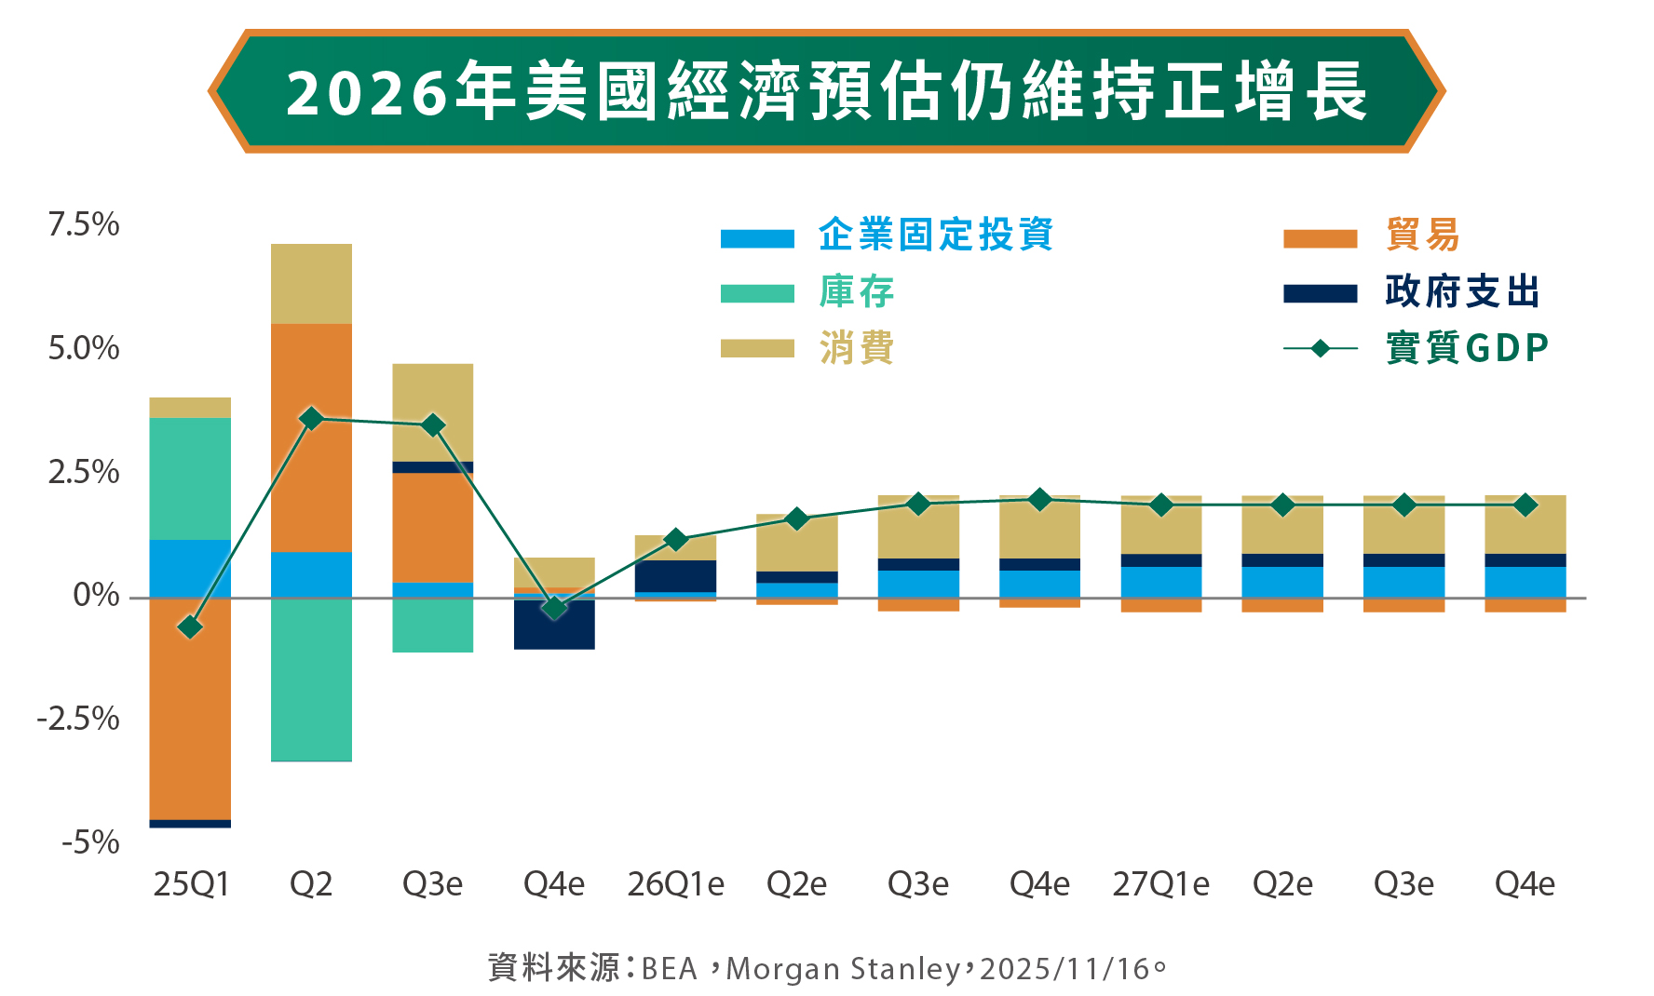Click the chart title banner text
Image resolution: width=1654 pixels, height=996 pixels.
click(826, 92)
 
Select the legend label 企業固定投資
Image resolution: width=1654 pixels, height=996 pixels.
click(936, 235)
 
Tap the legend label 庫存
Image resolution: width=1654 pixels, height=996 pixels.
click(857, 292)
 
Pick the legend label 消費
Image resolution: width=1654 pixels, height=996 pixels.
click(857, 349)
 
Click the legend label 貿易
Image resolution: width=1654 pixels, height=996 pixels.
click(1422, 235)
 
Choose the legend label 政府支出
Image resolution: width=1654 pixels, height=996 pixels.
click(1462, 292)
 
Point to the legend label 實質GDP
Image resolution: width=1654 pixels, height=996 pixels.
click(1467, 349)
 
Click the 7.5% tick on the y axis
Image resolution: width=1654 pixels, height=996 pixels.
click(84, 224)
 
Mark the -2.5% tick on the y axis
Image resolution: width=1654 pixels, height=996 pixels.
click(78, 719)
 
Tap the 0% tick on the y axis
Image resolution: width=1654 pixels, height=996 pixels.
click(97, 595)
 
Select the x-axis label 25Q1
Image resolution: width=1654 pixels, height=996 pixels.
click(191, 884)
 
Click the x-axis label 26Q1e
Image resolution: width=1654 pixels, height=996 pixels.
click(675, 884)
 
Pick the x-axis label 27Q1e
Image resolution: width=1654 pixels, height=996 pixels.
click(1160, 884)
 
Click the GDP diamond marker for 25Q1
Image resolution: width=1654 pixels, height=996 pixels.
click(190, 627)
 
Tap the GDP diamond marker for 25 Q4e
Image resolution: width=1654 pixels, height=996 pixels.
click(554, 609)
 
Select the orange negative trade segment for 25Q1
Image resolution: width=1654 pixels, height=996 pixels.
click(190, 707)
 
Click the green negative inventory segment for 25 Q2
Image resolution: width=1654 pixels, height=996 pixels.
click(311, 680)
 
